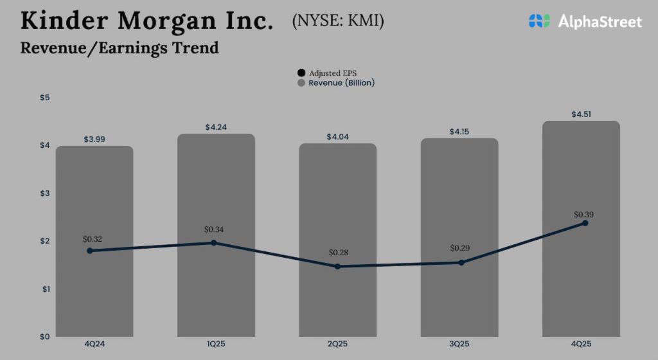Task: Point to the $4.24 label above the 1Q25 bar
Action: click(217, 127)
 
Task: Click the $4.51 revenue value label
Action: click(581, 114)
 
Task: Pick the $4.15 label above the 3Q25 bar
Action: click(459, 131)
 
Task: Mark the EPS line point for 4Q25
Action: click(585, 223)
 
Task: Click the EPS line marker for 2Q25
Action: click(337, 266)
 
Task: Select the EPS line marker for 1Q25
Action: click(213, 242)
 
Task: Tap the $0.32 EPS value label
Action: click(93, 239)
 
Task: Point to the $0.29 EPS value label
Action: click(460, 248)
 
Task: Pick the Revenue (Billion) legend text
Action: click(341, 83)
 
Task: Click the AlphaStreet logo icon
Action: click(540, 21)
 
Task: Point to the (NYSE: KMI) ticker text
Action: click(338, 22)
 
